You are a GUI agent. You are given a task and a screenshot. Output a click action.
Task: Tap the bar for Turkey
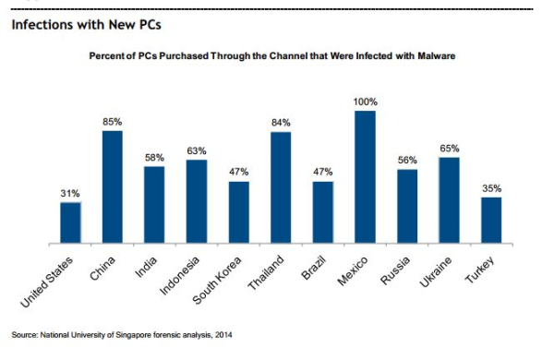tap(491, 221)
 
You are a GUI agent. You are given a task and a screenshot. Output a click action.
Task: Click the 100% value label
tap(365, 101)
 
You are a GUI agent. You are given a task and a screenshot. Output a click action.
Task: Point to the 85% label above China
tap(113, 121)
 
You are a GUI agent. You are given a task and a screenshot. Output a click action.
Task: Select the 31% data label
tap(71, 193)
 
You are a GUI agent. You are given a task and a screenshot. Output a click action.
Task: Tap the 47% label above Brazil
tap(322, 172)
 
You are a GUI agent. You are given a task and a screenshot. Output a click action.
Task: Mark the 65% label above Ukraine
tap(450, 148)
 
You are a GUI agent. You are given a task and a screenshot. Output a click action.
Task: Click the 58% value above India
tap(154, 157)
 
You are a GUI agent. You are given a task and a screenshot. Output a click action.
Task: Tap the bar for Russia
tap(407, 207)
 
